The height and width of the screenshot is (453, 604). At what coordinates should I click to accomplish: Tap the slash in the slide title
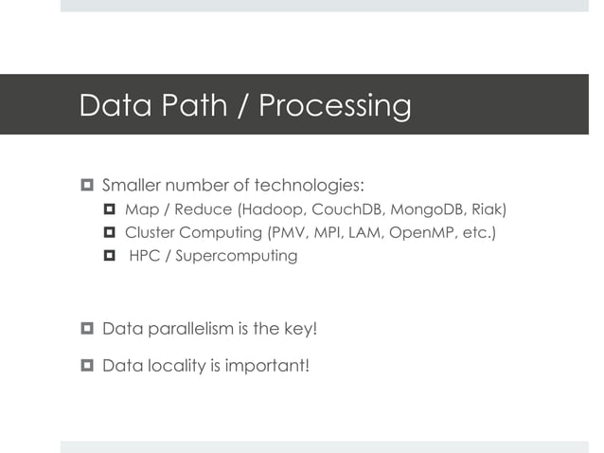(x=242, y=105)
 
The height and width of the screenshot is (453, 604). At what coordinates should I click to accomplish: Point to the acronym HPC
(x=144, y=256)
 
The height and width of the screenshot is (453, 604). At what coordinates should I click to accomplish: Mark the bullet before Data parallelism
(x=87, y=329)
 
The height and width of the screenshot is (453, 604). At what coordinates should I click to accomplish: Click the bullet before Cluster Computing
(x=109, y=232)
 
